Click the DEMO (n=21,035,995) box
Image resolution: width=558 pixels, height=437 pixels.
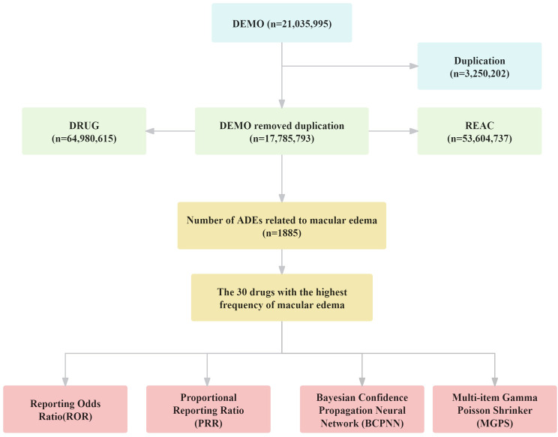(282, 23)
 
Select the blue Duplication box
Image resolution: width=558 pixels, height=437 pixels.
(479, 67)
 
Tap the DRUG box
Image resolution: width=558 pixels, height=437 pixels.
(84, 131)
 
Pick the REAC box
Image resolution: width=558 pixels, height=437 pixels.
(479, 131)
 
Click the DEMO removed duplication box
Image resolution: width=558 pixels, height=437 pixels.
(282, 131)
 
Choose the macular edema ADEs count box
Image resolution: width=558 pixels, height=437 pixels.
(282, 226)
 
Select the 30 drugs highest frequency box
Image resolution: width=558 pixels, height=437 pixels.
(282, 298)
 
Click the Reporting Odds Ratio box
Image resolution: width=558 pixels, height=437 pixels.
(65, 409)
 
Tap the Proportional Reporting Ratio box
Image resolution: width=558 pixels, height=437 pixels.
(208, 409)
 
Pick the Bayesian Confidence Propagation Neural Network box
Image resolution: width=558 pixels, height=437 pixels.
(362, 409)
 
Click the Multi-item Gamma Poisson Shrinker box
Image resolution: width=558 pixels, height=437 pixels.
(495, 409)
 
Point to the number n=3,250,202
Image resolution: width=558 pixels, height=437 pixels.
(479, 74)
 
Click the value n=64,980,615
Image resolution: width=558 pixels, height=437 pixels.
(84, 139)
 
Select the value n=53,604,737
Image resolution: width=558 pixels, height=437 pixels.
(479, 139)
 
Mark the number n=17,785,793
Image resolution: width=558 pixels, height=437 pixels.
(282, 139)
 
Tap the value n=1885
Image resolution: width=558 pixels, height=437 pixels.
(282, 233)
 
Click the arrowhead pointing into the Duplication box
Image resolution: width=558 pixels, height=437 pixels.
(413, 66)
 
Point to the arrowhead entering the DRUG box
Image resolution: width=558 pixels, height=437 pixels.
(151, 131)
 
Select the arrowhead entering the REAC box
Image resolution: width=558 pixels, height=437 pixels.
(413, 131)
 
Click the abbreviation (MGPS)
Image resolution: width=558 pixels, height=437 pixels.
(495, 424)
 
